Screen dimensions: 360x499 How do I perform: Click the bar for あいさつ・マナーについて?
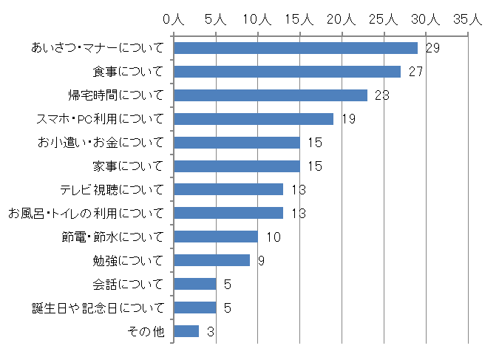pyautogui.click(x=296, y=48)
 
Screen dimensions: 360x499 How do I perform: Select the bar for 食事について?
pyautogui.click(x=287, y=72)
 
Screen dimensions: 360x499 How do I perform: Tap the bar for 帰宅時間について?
pyautogui.click(x=271, y=95)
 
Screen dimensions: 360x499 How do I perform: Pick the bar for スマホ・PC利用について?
pyautogui.click(x=254, y=119)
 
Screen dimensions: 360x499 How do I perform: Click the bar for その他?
pyautogui.click(x=186, y=331)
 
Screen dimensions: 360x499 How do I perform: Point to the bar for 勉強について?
pyautogui.click(x=211, y=260)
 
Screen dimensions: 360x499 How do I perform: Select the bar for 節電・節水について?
pyautogui.click(x=216, y=237)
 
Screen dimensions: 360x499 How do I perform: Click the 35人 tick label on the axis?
pyautogui.click(x=467, y=19)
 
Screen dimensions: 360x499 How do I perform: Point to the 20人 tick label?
pyautogui.click(x=342, y=19)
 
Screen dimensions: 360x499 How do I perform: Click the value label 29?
pyautogui.click(x=433, y=48)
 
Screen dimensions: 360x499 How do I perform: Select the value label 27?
pyautogui.click(x=416, y=72)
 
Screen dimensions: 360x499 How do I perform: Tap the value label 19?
pyautogui.click(x=349, y=119)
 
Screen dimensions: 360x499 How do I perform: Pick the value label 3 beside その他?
pyautogui.click(x=211, y=332)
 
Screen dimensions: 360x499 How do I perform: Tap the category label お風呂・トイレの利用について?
pyautogui.click(x=87, y=214)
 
